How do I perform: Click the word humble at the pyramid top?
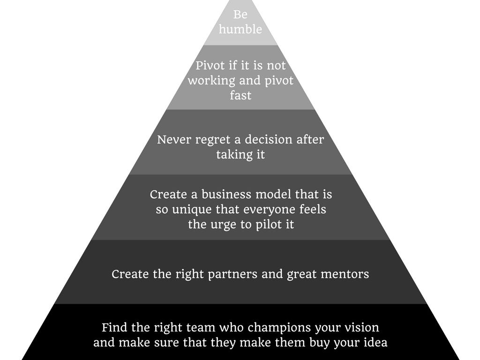coord(240,29)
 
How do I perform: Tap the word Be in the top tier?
coord(240,15)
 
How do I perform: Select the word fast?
coord(240,95)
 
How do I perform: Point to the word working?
coord(211,80)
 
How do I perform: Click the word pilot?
coord(265,225)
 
